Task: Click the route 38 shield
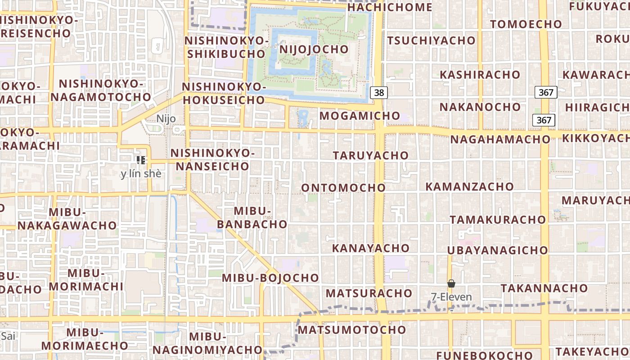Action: coord(379,93)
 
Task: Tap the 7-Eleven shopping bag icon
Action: coord(451,283)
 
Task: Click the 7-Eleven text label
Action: coord(451,297)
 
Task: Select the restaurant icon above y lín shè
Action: coord(141,160)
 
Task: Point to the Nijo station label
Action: coord(166,119)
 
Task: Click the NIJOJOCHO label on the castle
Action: coord(314,49)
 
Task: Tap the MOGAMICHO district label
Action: coord(360,116)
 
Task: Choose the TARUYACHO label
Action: coord(371,155)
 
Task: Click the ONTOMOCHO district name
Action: coord(343,188)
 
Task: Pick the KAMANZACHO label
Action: coord(469,186)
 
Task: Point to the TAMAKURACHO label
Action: coord(498,220)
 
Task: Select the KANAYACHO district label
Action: coord(371,248)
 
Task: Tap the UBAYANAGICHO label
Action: coord(497,250)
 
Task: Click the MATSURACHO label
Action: coord(369,293)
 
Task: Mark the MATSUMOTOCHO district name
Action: coord(352,330)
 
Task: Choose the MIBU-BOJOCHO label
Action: coord(270,278)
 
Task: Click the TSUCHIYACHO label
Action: coord(431,40)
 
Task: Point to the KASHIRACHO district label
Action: coord(480,75)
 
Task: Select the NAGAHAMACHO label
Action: coord(500,139)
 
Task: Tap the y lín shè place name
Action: coord(141,174)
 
